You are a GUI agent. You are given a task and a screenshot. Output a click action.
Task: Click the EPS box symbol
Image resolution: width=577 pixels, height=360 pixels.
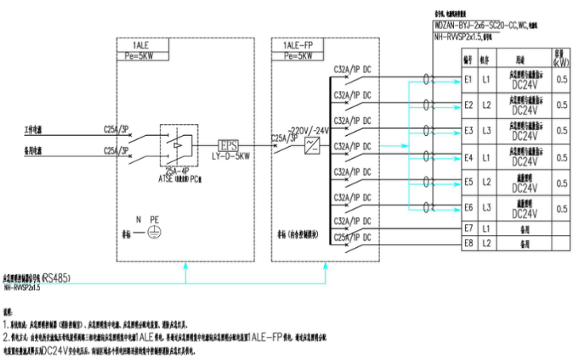(x=228, y=144)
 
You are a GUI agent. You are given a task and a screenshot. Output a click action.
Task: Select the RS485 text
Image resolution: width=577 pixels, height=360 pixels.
(x=56, y=279)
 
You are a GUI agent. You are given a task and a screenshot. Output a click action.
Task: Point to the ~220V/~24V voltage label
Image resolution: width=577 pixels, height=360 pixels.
(x=304, y=130)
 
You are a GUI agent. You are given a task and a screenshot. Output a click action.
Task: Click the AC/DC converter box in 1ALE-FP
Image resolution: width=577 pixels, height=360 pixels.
(x=313, y=145)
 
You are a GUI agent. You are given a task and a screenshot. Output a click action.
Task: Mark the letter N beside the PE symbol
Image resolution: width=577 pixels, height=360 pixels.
(x=137, y=219)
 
